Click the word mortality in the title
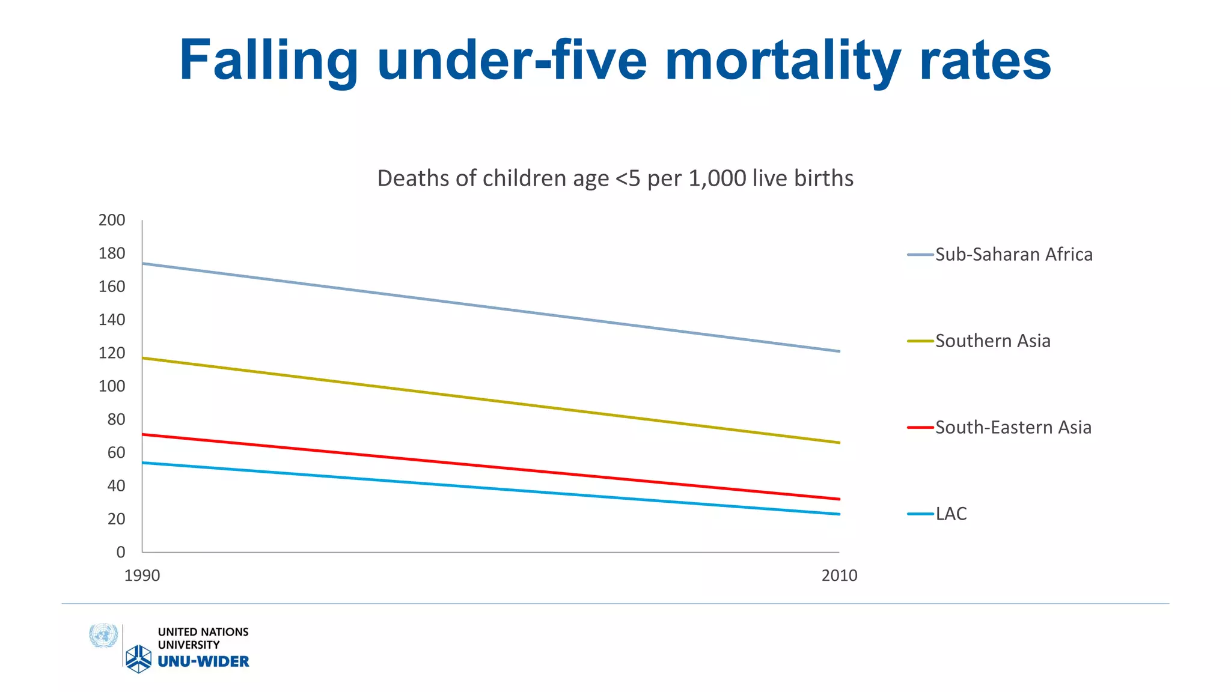tap(783, 60)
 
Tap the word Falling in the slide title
tap(269, 60)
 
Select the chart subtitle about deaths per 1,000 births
tap(615, 178)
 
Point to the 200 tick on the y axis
tap(112, 220)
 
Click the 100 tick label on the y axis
tap(112, 386)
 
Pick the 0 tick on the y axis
tap(121, 552)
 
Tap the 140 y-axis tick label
tap(112, 320)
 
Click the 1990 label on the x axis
tap(142, 575)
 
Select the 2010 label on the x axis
tap(839, 575)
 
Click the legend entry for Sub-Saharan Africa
tap(1013, 255)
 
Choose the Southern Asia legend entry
tap(992, 341)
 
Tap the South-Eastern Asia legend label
tap(1013, 428)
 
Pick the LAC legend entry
tap(951, 514)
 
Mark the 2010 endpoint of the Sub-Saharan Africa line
tap(838, 351)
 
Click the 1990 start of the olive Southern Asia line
tap(143, 359)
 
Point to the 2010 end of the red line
tap(838, 499)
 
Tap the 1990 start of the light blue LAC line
tap(143, 463)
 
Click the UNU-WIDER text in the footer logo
tap(203, 661)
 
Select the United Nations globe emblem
tap(103, 636)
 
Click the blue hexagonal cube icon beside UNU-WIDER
tap(138, 659)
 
